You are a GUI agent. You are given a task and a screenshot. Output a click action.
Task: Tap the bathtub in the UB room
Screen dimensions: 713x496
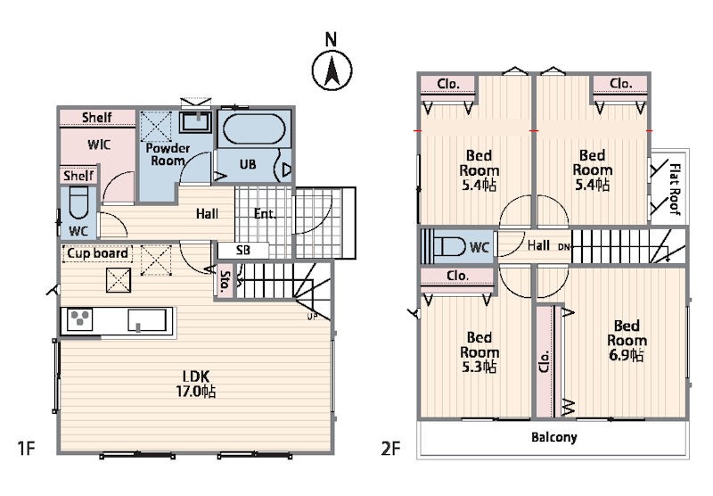254,129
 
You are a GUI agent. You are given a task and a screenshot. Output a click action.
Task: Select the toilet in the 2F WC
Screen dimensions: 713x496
449,246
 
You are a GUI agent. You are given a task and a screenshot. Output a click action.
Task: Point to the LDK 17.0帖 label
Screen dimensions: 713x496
196,384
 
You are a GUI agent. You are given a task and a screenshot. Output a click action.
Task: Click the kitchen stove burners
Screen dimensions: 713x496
80,319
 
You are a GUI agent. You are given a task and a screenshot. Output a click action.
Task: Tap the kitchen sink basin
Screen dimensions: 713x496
147,320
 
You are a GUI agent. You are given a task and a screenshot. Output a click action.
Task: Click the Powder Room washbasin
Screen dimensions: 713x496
195,121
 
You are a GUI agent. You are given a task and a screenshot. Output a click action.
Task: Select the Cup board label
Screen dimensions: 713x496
97,253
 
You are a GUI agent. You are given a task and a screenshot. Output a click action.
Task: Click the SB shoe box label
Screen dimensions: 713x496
243,250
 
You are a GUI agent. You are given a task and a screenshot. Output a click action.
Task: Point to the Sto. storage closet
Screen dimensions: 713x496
225,281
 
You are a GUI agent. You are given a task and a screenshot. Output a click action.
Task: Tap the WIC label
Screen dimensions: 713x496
99,145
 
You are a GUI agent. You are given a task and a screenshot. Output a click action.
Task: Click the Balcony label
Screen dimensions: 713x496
553,437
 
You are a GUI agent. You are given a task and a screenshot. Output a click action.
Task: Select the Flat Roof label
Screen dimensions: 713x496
675,189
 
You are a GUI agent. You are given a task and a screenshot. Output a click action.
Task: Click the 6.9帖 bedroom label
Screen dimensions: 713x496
627,341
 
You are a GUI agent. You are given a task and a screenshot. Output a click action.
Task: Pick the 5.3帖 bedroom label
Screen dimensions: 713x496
479,352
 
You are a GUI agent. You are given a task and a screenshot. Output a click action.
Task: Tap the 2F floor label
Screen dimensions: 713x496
390,449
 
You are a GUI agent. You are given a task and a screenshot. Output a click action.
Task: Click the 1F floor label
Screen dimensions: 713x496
27,448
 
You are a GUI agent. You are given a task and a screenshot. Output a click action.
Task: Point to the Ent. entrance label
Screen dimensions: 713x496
264,213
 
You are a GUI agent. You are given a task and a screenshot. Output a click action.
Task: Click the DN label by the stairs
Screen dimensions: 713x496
563,246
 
